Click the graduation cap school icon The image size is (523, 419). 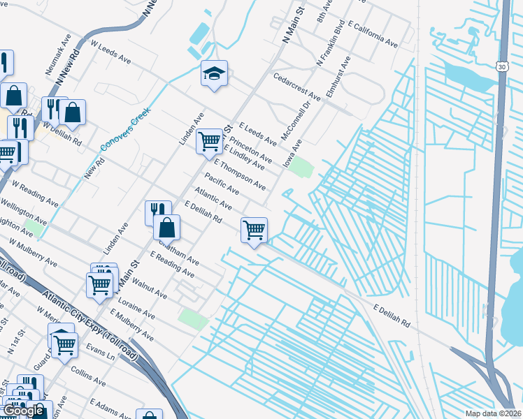click(x=215, y=73)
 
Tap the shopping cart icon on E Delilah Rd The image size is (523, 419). click(x=254, y=230)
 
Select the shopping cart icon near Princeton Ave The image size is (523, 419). click(x=210, y=141)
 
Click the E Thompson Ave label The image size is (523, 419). click(x=240, y=175)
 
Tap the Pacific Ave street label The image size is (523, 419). click(x=222, y=184)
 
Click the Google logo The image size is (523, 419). click(x=23, y=411)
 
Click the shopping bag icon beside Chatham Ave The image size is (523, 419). click(x=167, y=228)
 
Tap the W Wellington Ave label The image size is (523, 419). click(x=24, y=208)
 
